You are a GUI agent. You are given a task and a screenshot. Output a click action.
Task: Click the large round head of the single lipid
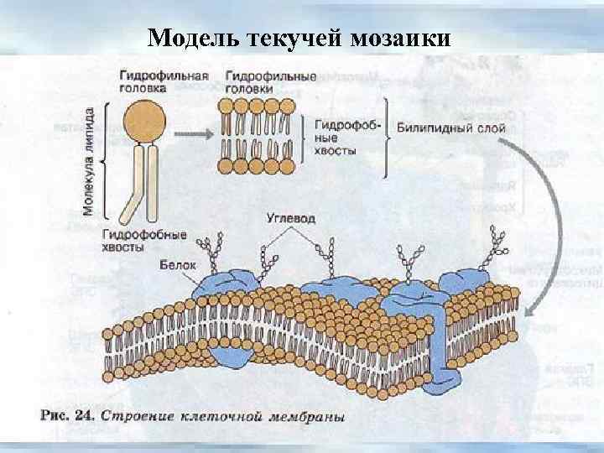click(145, 122)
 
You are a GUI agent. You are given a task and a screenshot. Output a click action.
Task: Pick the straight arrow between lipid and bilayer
click(195, 133)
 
